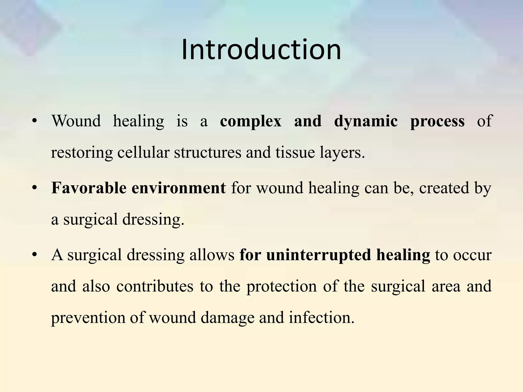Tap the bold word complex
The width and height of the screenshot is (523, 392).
coord(251,121)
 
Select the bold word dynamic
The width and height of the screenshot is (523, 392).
coord(366,121)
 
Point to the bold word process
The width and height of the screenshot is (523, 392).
coord(437,121)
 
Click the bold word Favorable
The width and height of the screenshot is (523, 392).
coord(89,188)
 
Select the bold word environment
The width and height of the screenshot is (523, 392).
coord(179,188)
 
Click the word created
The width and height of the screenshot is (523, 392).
coord(444,188)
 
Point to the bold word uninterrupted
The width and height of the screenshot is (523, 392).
coord(318,255)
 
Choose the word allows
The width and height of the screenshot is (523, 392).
coord(212,255)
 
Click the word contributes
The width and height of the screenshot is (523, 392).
coord(155,286)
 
